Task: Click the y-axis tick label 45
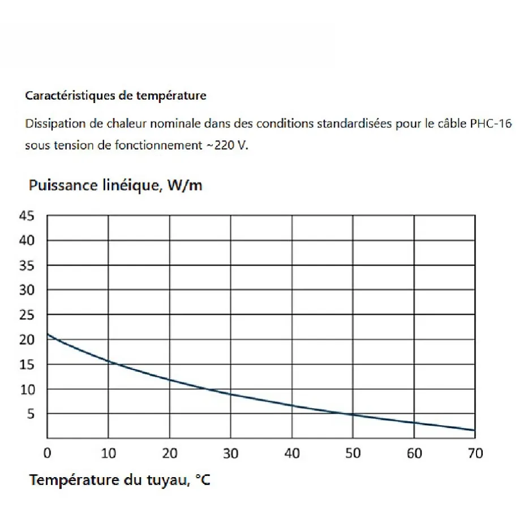point(28,216)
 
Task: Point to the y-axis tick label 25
point(28,315)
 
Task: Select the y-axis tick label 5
point(32,414)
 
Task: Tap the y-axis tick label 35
point(28,265)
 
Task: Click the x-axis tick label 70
point(475,453)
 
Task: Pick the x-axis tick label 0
point(48,453)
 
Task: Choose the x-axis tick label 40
point(291,453)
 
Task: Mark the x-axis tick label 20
point(169,453)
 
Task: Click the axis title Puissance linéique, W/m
point(115,186)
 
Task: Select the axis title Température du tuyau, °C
point(120,480)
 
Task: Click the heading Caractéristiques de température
point(115,96)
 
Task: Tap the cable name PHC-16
point(491,123)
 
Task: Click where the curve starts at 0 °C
point(48,334)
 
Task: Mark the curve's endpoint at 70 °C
point(474,431)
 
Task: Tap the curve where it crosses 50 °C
point(353,415)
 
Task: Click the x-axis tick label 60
point(414,453)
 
